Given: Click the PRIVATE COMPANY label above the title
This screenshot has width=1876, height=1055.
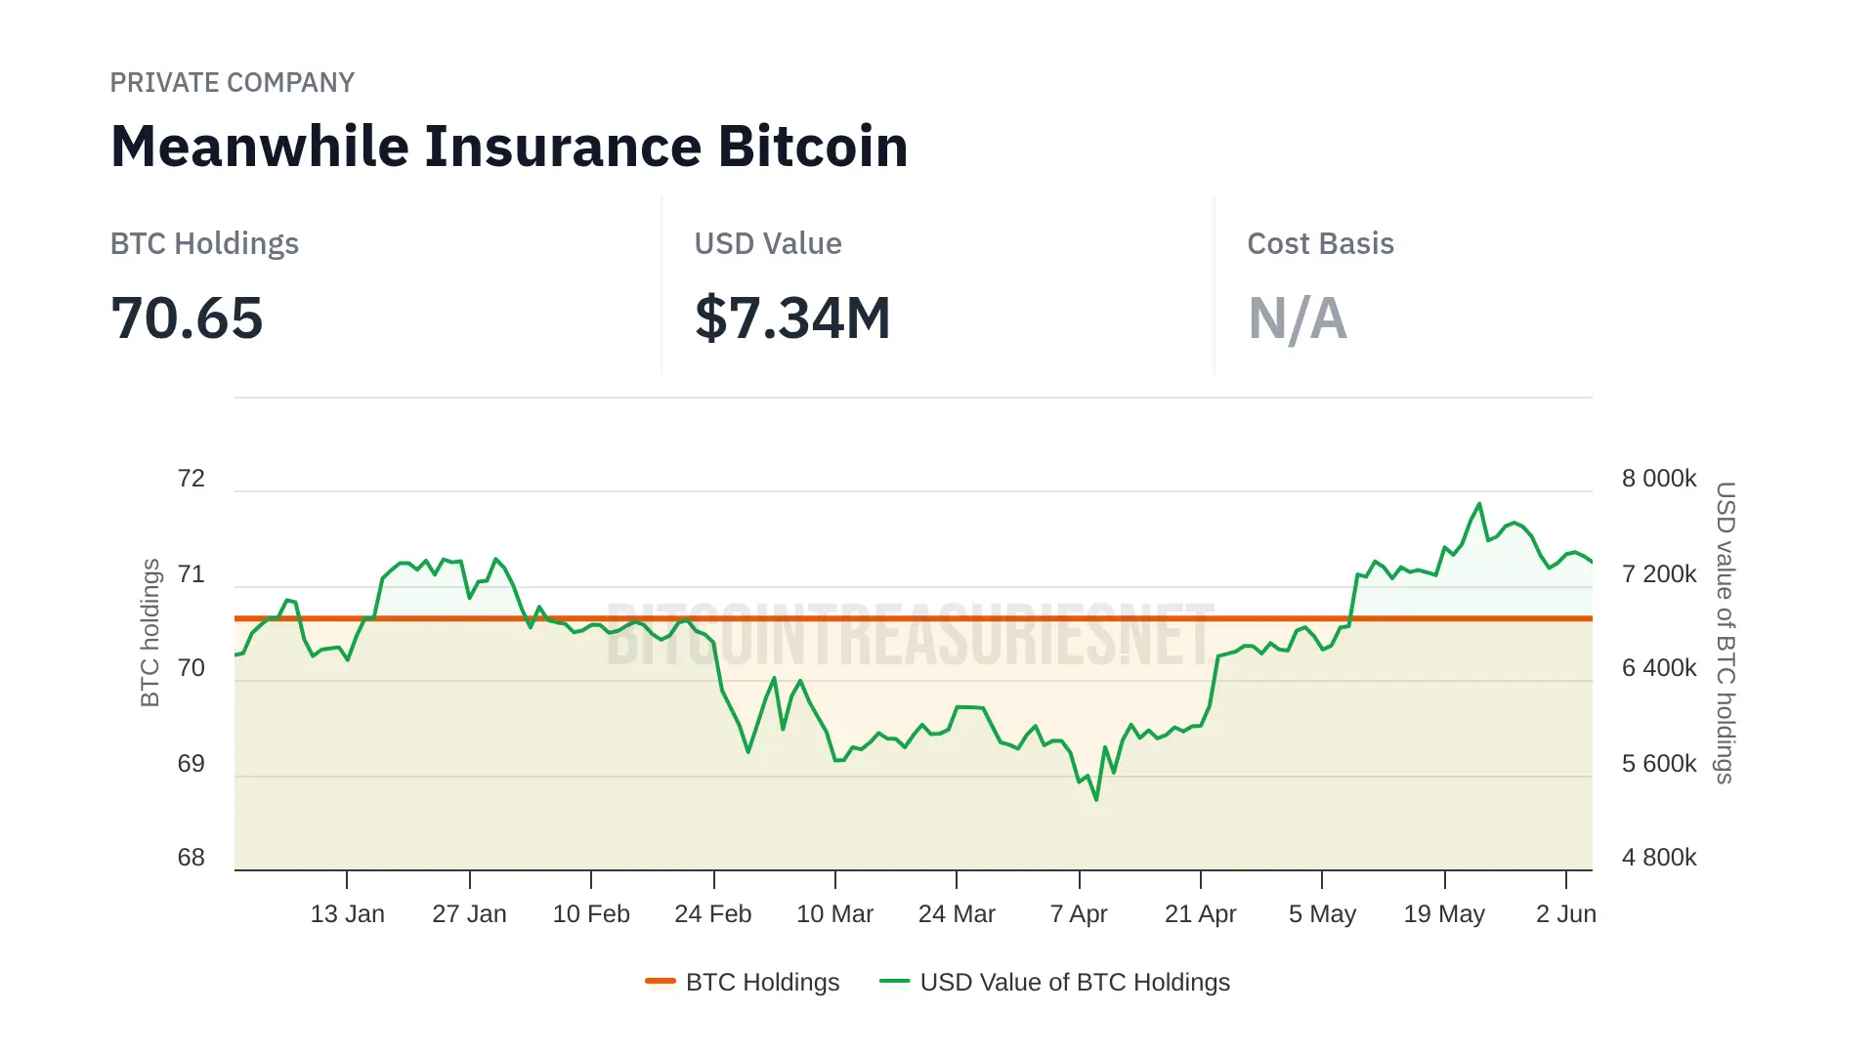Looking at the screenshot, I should click(232, 83).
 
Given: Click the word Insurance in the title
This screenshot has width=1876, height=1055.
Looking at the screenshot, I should click(563, 147).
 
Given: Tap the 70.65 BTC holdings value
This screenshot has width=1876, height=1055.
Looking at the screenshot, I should click(187, 318).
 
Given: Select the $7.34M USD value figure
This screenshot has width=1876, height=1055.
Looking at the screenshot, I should click(792, 318).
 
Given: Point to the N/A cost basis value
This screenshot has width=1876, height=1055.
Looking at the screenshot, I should click(1297, 318).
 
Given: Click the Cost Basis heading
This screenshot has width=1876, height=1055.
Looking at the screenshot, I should click(1320, 243).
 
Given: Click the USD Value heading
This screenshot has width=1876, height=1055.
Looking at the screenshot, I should click(767, 243).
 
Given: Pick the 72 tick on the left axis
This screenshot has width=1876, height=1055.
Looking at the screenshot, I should click(192, 479).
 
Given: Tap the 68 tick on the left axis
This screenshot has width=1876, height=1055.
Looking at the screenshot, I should click(192, 858).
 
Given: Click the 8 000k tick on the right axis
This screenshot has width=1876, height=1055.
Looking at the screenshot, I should click(1659, 479).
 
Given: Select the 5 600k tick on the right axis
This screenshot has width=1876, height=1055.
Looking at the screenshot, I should click(1659, 764).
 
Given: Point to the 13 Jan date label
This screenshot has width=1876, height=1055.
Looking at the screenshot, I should click(347, 914).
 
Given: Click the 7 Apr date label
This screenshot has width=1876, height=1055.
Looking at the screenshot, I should click(1079, 914).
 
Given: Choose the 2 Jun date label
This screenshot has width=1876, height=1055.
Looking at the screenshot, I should click(1565, 914).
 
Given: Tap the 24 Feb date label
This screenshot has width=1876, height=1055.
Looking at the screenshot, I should click(713, 914).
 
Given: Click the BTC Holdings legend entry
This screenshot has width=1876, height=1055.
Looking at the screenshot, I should click(743, 983).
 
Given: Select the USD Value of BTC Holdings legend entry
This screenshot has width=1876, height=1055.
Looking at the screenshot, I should click(1055, 983).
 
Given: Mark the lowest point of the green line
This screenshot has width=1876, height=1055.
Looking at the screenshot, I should click(1096, 800).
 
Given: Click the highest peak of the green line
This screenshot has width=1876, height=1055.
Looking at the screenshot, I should click(1479, 504).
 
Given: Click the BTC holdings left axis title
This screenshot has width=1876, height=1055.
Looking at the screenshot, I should click(149, 632).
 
